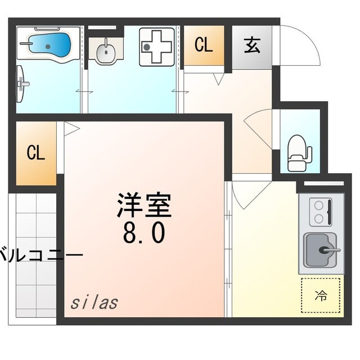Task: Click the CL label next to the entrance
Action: click(x=204, y=46)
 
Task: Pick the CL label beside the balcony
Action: click(x=36, y=153)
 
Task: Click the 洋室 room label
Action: click(x=144, y=206)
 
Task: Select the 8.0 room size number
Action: click(x=144, y=232)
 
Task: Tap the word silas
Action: click(x=94, y=302)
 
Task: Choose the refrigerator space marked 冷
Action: click(x=321, y=294)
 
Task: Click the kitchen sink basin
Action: click(x=322, y=250)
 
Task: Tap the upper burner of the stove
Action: click(x=319, y=206)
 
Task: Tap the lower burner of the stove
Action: click(x=319, y=218)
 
